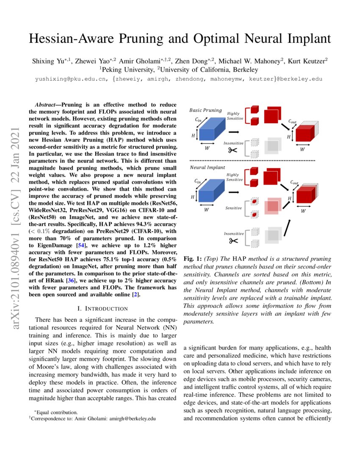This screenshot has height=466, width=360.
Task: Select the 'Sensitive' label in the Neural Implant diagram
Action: [x=233, y=208]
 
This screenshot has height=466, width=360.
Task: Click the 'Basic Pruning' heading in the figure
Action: [x=205, y=110]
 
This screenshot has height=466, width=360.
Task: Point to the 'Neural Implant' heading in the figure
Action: [x=207, y=168]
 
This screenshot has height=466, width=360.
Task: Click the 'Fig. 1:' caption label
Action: [x=193, y=258]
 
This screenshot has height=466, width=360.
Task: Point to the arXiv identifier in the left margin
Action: [x=17, y=220]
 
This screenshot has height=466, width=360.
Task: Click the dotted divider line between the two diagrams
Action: [x=252, y=161]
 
